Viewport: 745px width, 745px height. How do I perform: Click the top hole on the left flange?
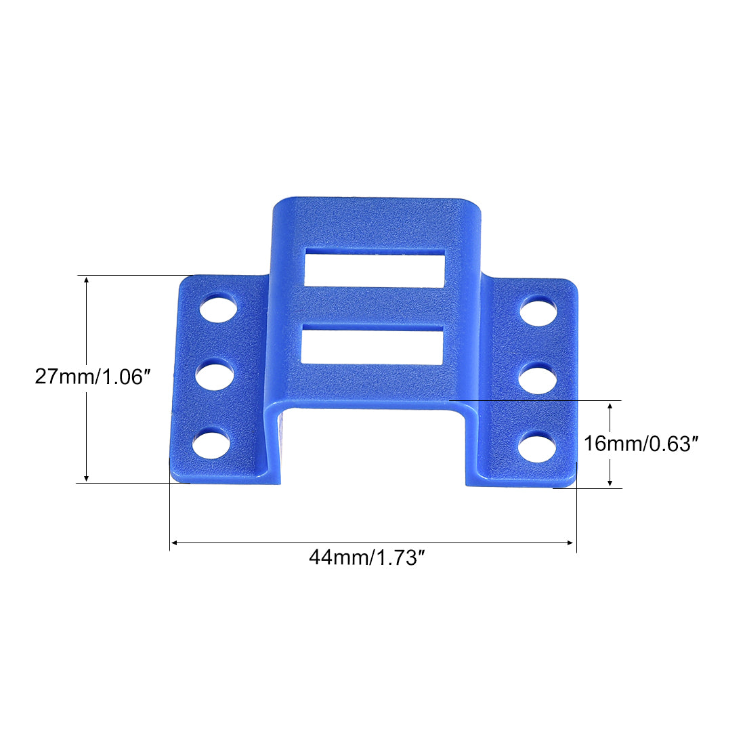pos(218,308)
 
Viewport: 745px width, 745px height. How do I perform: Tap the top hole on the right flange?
pos(539,311)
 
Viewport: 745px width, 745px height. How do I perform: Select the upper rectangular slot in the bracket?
pos(375,268)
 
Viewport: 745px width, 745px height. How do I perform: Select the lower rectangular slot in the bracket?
pos(372,345)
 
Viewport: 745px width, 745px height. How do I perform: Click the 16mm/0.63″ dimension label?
pos(641,444)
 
